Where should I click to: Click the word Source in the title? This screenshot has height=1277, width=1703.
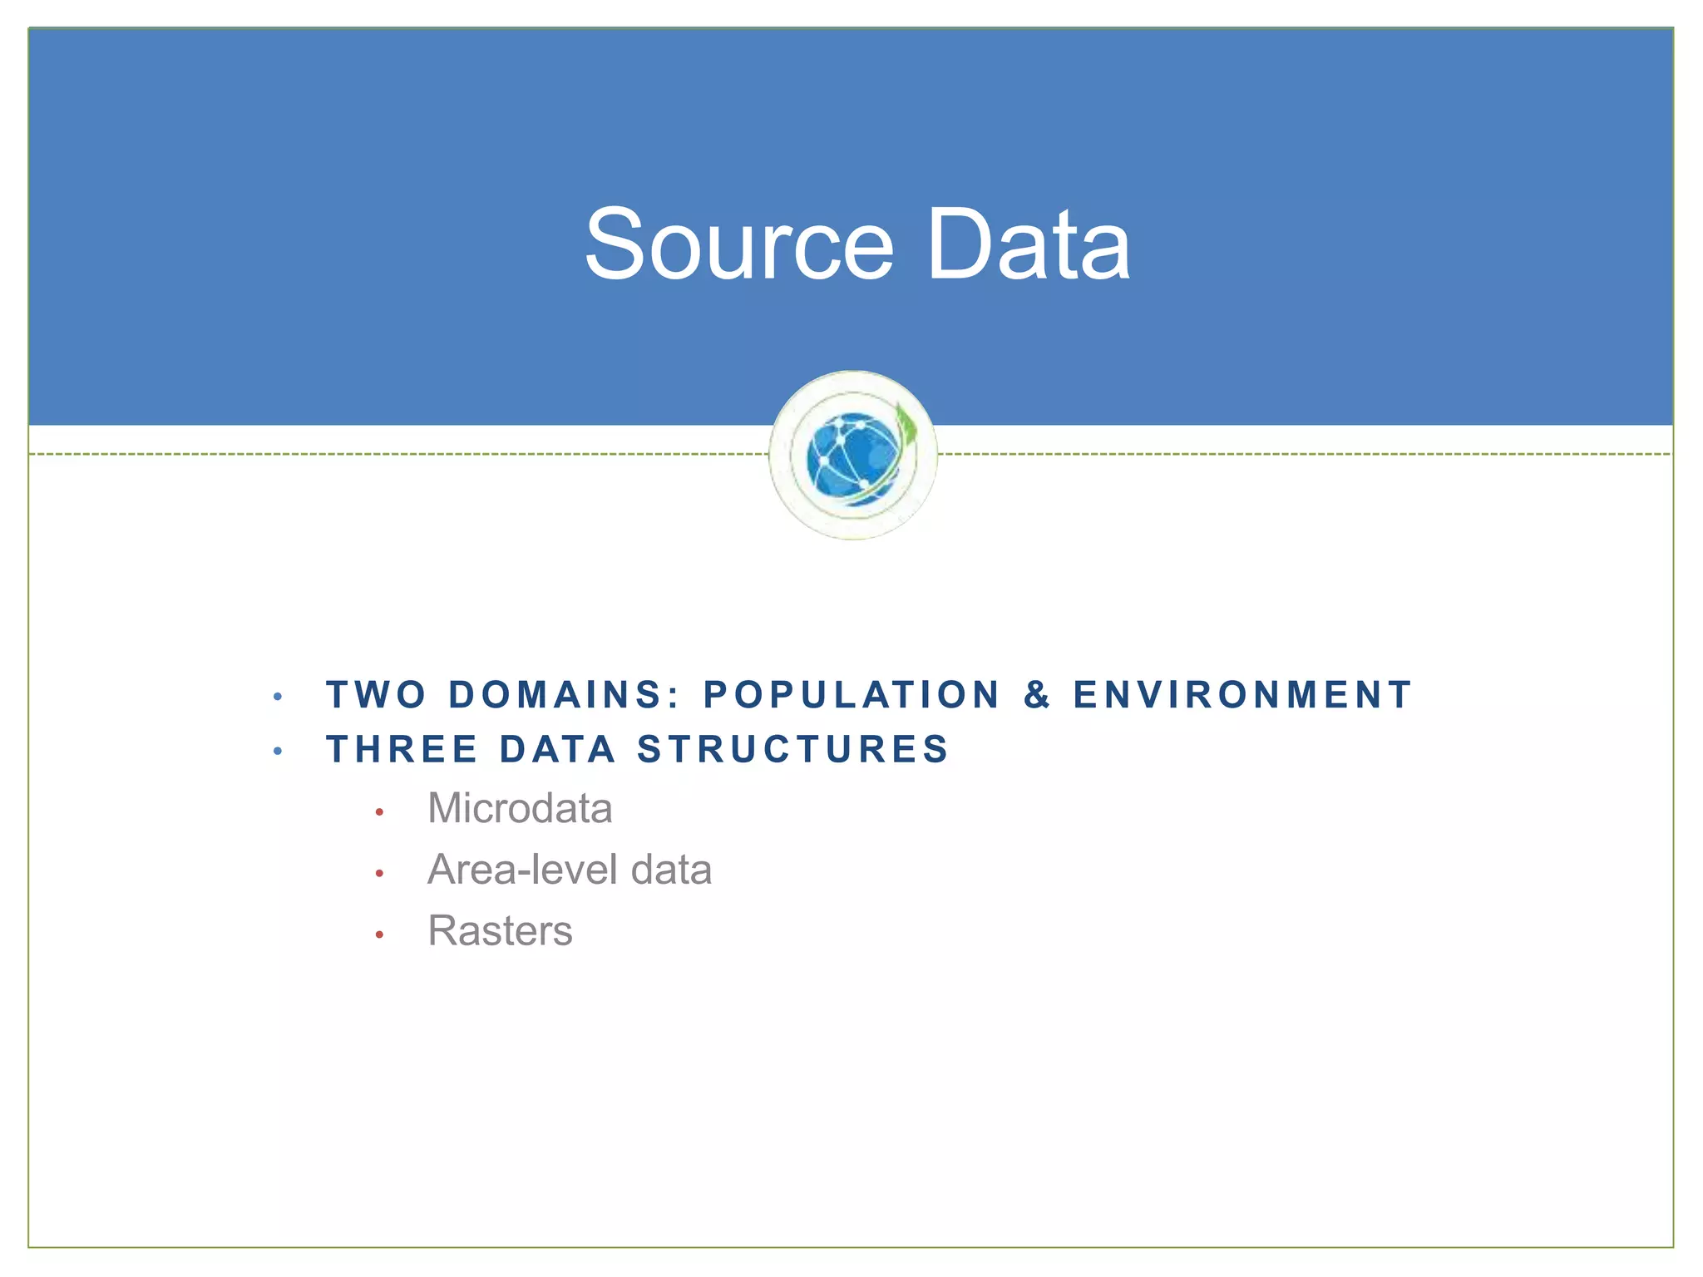(x=738, y=244)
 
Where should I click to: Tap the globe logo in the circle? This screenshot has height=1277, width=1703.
(x=853, y=456)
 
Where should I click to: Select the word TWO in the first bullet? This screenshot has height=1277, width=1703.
(x=377, y=695)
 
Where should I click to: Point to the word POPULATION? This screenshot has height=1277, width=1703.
(x=851, y=695)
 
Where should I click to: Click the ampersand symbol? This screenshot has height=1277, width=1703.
(x=1037, y=695)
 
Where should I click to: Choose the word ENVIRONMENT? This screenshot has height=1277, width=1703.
(x=1242, y=695)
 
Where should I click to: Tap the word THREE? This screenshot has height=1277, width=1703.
(x=402, y=749)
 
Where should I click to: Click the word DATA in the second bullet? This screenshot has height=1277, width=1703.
(x=558, y=749)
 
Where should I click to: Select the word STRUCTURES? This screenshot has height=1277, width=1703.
(x=792, y=749)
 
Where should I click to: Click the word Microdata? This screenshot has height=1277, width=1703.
(x=520, y=808)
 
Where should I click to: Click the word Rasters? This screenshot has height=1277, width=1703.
(x=500, y=930)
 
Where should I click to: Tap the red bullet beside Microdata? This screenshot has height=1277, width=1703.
(x=379, y=812)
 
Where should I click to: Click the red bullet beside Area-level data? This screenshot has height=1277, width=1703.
(x=379, y=874)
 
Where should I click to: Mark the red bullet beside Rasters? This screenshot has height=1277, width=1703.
(x=379, y=935)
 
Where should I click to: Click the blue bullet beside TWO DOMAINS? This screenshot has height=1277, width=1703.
(x=278, y=698)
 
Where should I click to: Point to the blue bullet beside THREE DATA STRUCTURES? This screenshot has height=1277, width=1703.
(x=278, y=752)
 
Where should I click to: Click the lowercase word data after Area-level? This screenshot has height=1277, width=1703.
(x=671, y=870)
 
